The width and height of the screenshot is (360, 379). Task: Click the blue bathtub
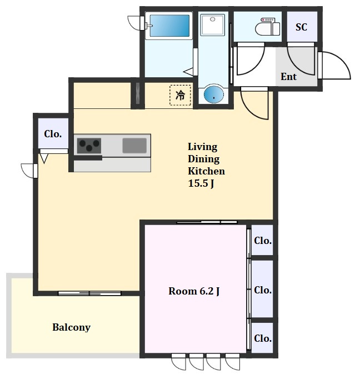coord(169,26)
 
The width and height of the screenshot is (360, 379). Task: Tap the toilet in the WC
coord(267,27)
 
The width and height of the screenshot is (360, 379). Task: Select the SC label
coord(301,27)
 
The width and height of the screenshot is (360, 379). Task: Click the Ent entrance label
coord(288,77)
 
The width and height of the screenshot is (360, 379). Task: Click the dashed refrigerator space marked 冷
coord(180,95)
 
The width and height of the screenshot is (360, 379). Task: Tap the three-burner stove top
coord(89,146)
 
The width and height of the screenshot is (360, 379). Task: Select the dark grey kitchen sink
coord(134,146)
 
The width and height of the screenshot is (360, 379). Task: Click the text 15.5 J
coord(201,183)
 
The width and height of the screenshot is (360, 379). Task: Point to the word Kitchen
coord(206,171)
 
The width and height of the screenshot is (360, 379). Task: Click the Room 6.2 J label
coord(194,291)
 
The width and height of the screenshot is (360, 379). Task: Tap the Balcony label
coord(72,327)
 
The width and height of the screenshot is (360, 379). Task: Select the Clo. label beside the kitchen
coord(53,134)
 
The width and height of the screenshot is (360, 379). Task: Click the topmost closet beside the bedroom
coord(262,240)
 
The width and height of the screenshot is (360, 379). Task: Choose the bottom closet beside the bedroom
coord(262,338)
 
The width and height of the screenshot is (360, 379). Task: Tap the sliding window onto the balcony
coord(89,293)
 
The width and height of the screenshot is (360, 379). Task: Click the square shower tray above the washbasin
coord(212,24)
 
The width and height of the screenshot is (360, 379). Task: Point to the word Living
coord(202,147)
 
